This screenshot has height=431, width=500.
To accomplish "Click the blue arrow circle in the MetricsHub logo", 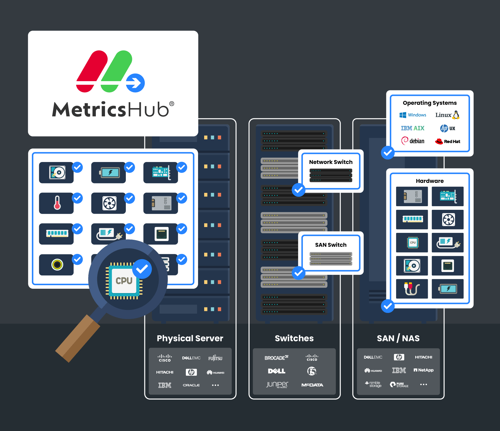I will (x=135, y=83).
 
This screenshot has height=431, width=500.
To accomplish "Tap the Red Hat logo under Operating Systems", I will (x=447, y=141).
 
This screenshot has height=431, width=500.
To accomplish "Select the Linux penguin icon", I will (x=456, y=115).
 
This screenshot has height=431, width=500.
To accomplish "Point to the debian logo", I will (x=413, y=141).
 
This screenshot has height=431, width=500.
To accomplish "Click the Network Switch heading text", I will (x=331, y=162).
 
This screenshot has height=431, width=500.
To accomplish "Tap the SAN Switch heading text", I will (x=331, y=245).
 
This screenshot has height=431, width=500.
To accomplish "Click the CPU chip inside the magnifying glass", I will (x=124, y=281).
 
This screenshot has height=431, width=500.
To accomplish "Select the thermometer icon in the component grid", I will (x=57, y=203).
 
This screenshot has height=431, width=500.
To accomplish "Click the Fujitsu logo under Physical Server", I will (x=215, y=358).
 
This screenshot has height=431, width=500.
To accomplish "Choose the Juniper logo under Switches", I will (x=277, y=385).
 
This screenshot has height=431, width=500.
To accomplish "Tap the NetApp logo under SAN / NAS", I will (x=424, y=370).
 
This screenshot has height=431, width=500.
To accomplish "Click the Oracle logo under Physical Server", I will (x=191, y=385).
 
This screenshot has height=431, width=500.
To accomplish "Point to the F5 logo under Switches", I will (x=312, y=371).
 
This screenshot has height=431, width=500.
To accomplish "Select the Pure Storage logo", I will (x=399, y=385).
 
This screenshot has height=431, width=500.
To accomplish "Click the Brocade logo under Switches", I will (x=276, y=358).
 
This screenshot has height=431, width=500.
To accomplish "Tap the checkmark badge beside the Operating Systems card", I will (x=388, y=153).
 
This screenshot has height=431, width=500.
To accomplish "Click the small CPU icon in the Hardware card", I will (x=413, y=243).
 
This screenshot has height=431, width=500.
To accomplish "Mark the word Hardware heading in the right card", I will (x=430, y=181).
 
